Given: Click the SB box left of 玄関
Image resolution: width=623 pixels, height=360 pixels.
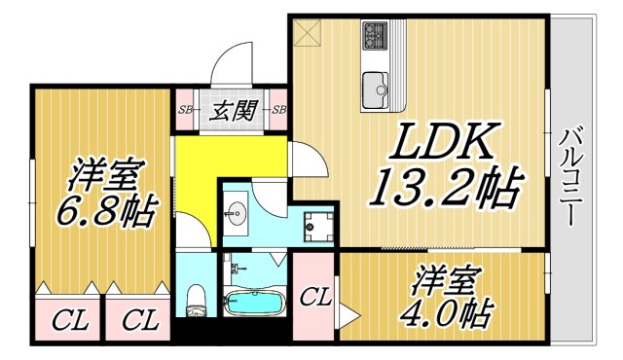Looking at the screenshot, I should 184,109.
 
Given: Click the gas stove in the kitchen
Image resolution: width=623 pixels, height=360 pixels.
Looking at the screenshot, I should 375,37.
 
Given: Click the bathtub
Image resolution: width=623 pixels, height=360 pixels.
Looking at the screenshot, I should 253,301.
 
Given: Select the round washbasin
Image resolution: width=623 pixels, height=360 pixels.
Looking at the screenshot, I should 237,211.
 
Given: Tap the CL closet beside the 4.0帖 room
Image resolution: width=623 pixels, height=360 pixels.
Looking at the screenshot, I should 313,298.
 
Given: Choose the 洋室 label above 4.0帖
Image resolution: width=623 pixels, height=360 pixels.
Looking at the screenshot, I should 444,278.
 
